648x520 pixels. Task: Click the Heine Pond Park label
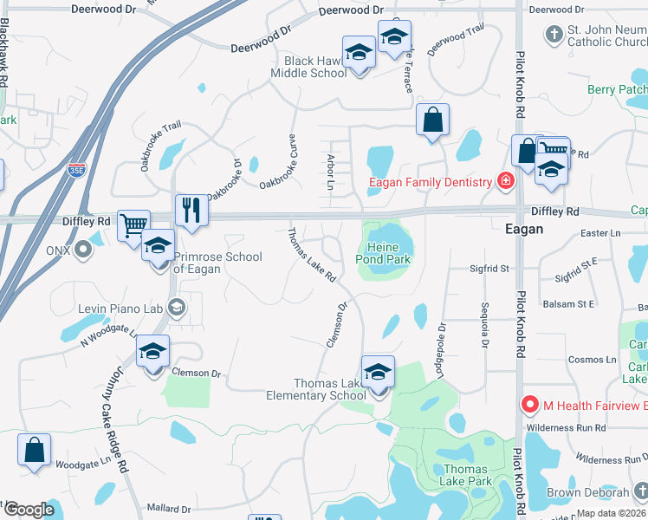point(383,253)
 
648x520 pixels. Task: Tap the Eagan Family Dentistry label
point(430,182)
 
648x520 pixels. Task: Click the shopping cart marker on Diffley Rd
point(133,226)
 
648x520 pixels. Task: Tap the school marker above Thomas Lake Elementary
point(378,373)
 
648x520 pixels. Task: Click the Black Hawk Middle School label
point(316,68)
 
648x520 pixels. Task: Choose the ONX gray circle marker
point(83,250)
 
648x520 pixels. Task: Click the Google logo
point(29,510)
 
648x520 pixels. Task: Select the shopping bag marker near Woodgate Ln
point(34,451)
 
